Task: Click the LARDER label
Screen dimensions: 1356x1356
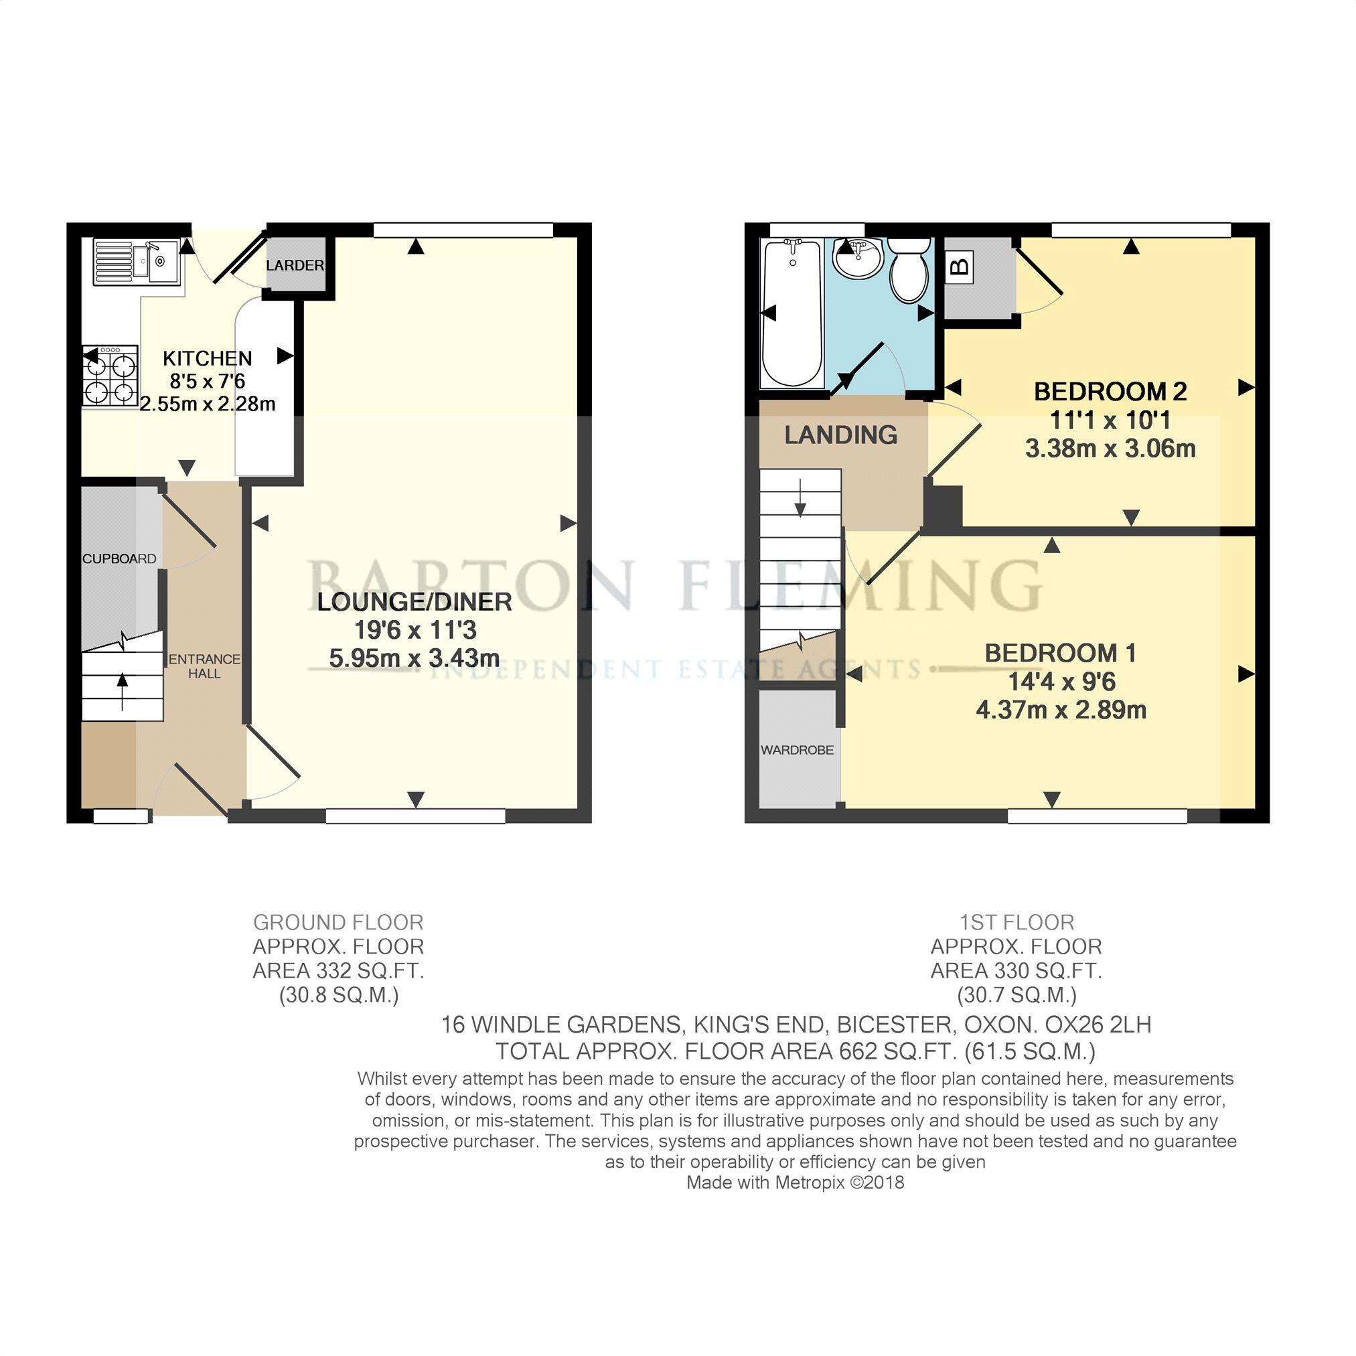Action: [x=295, y=265]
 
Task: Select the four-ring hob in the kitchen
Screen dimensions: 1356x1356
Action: [x=111, y=376]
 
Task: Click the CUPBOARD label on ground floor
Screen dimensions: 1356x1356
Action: [x=119, y=558]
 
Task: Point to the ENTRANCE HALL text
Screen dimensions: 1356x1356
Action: [x=204, y=666]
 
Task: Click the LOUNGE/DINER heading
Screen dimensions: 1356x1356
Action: [x=414, y=601]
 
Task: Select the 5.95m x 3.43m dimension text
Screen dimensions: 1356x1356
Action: [x=414, y=658]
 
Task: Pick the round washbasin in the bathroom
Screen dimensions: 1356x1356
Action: [x=858, y=258]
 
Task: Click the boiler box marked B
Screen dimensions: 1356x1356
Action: [x=960, y=267]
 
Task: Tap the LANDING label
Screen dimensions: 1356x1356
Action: [x=841, y=435]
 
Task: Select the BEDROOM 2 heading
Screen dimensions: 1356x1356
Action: [x=1110, y=392]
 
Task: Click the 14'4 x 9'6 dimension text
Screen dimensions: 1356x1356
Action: [x=1061, y=682]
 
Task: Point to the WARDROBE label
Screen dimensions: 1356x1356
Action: [x=798, y=750]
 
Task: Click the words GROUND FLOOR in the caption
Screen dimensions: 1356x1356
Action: [x=338, y=922]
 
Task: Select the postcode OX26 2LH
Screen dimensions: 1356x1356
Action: [x=1098, y=1025]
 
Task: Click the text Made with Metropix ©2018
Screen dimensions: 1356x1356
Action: [x=796, y=1183]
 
